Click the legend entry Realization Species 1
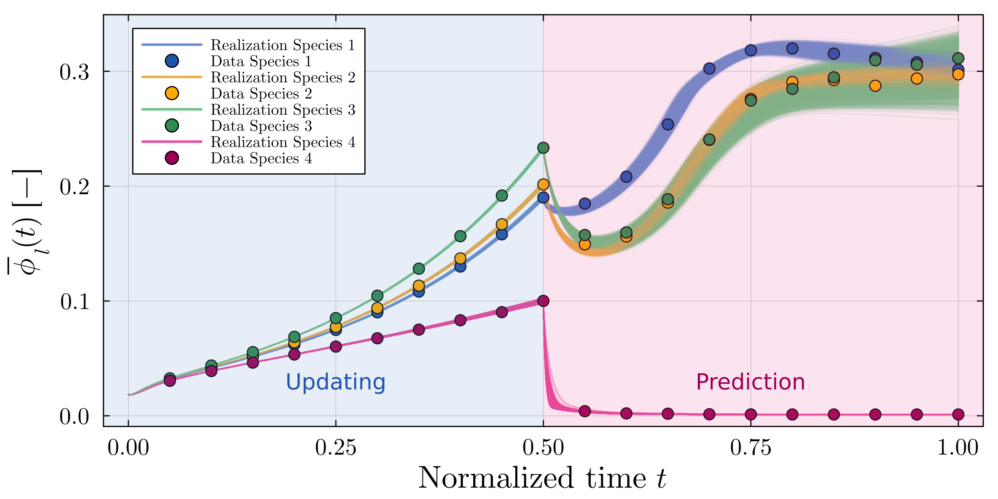pyautogui.click(x=283, y=45)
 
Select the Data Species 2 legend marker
pyautogui.click(x=172, y=93)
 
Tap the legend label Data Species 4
pyautogui.click(x=261, y=158)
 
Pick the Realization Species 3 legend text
pyautogui.click(x=283, y=110)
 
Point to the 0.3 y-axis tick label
pyautogui.click(x=74, y=72)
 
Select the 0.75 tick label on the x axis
pyautogui.click(x=751, y=448)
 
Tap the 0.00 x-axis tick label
pyautogui.click(x=128, y=448)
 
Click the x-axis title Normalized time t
pyautogui.click(x=542, y=478)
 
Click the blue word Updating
pyautogui.click(x=336, y=382)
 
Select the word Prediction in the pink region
pyautogui.click(x=750, y=382)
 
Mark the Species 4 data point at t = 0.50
pyautogui.click(x=543, y=301)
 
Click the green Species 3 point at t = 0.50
pyautogui.click(x=543, y=148)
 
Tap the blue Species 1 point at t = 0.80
pyautogui.click(x=792, y=49)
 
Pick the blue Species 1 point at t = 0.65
pyautogui.click(x=668, y=124)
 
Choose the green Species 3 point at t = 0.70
pyautogui.click(x=709, y=140)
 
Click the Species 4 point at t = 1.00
pyautogui.click(x=958, y=414)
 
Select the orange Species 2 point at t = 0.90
pyautogui.click(x=875, y=86)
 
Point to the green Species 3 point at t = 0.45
pyautogui.click(x=502, y=195)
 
